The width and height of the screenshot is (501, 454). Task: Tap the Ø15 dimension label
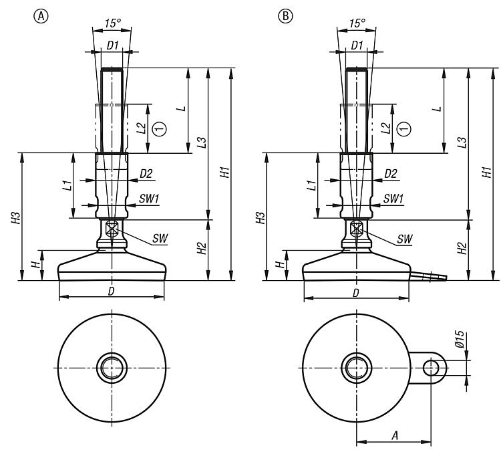[x=459, y=347]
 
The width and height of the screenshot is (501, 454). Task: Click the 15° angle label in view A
[x=112, y=23]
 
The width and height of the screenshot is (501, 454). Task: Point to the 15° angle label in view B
[x=357, y=23]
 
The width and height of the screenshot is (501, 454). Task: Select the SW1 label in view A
[x=149, y=199]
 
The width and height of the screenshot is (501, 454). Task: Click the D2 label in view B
[x=391, y=173]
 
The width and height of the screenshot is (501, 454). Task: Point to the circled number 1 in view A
[x=159, y=128]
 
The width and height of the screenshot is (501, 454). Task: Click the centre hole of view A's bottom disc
[x=112, y=367]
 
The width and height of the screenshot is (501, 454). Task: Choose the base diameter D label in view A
[x=111, y=292]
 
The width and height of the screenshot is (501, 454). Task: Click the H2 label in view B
[x=462, y=248]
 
